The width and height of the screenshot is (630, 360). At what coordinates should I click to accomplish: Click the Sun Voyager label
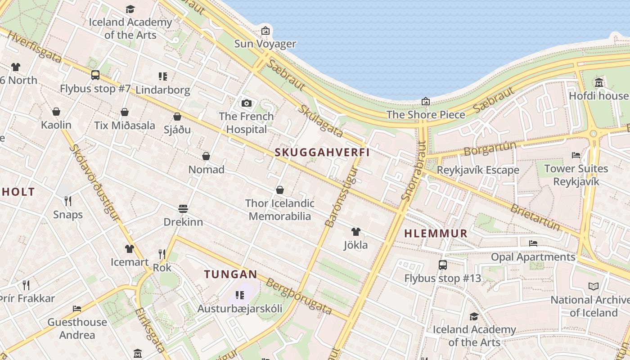[265, 44]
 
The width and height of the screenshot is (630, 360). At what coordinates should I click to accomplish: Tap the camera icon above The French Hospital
[246, 103]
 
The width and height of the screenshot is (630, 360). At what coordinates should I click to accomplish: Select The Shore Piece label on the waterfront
[426, 114]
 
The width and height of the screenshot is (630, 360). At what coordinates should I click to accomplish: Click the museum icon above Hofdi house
[599, 83]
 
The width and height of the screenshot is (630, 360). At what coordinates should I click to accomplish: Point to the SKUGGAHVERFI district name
[322, 152]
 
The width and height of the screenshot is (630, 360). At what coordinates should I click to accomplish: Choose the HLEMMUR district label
[436, 234]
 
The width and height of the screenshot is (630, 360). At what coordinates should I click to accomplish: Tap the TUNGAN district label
[230, 274]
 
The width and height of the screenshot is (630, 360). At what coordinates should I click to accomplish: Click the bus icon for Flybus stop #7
[95, 75]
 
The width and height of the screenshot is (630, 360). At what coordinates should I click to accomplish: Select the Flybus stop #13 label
[442, 278]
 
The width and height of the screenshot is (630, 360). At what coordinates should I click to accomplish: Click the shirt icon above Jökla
[356, 232]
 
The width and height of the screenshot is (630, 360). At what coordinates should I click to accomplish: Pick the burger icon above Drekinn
[183, 209]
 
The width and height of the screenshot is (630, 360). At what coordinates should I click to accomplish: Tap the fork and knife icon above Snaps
[68, 201]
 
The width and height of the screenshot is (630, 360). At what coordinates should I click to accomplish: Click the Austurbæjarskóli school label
[240, 309]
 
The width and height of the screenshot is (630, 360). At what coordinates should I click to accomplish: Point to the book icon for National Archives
[594, 286]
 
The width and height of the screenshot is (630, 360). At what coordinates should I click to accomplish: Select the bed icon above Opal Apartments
[533, 243]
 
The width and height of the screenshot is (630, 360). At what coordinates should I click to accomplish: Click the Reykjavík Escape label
[478, 170]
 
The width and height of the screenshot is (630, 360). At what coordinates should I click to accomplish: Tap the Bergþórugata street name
[299, 297]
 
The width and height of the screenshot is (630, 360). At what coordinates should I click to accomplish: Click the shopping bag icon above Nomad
[206, 156]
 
